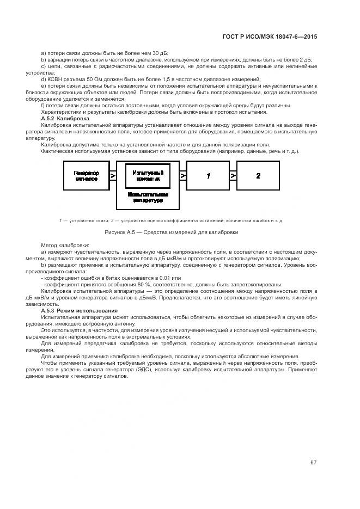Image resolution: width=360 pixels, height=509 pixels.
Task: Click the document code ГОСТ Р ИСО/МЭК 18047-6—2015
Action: point(270,36)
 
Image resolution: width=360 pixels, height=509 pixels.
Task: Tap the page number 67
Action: point(313,463)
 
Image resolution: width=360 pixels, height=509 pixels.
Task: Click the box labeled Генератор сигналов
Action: point(86,175)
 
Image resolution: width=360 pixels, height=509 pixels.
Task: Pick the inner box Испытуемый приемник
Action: point(148,175)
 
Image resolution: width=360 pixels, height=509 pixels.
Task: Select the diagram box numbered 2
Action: point(259,176)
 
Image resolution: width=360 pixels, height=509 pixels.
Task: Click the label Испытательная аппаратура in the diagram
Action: point(148,197)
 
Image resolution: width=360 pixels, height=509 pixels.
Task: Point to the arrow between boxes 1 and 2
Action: point(233,176)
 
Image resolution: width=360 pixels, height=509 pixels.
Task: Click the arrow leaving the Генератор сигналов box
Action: point(113,176)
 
